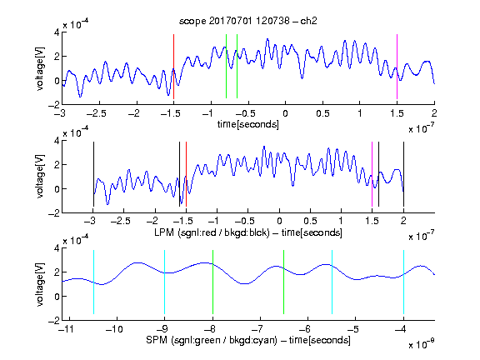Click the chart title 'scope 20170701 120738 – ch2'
pyautogui.click(x=247, y=21)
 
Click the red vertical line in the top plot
pyautogui.click(x=173, y=67)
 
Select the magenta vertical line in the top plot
pyautogui.click(x=397, y=67)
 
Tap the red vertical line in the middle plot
pyautogui.click(x=186, y=174)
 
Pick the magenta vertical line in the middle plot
pyautogui.click(x=372, y=174)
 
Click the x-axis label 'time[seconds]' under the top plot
pyautogui.click(x=248, y=124)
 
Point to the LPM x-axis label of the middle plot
pyautogui.click(x=248, y=232)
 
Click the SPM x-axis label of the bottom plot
pyautogui.click(x=248, y=340)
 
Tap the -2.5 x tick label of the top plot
pyautogui.click(x=96, y=113)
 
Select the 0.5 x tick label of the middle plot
pyautogui.click(x=310, y=221)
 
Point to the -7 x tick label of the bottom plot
pyautogui.click(x=257, y=329)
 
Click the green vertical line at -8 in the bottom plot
pyautogui.click(x=212, y=282)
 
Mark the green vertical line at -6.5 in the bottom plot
pyautogui.click(x=284, y=282)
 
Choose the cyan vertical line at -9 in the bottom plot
pyautogui.click(x=165, y=282)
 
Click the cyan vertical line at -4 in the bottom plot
pyautogui.click(x=404, y=282)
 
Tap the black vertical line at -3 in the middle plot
pyautogui.click(x=93, y=174)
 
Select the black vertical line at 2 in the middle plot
pyautogui.click(x=403, y=174)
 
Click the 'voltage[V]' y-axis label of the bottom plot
pyautogui.click(x=40, y=284)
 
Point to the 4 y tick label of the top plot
pyautogui.click(x=57, y=32)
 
